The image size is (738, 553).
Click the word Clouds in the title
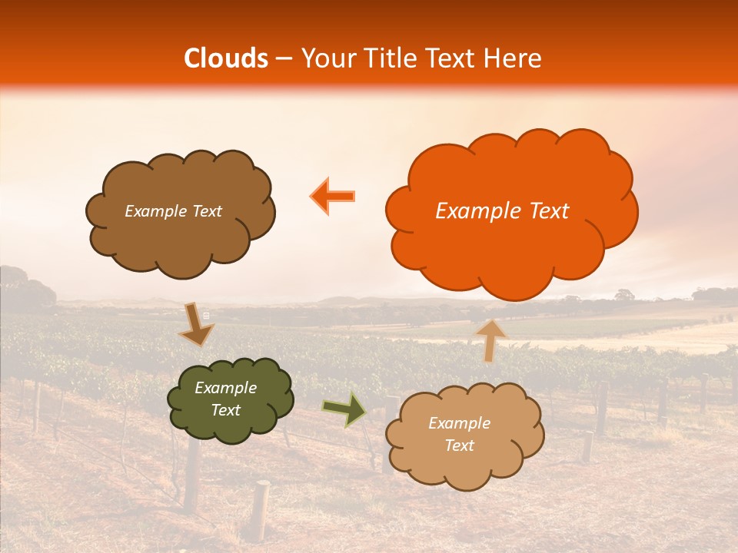[x=226, y=58]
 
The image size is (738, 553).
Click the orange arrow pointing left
[x=333, y=197]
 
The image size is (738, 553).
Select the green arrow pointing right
[x=344, y=409]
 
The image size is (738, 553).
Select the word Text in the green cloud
[x=226, y=411]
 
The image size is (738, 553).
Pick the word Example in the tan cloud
[x=459, y=423]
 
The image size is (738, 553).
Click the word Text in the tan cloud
[x=459, y=446]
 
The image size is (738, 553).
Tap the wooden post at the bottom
[x=261, y=510]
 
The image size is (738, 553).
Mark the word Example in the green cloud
[x=226, y=388]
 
